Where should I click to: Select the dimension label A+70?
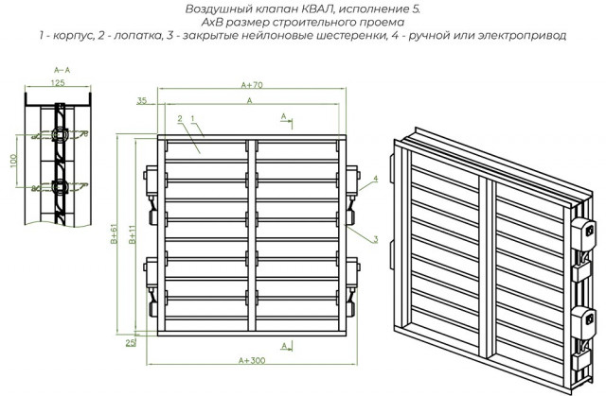click(x=252, y=85)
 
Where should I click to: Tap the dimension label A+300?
click(x=252, y=360)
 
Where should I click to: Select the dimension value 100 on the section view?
click(x=13, y=163)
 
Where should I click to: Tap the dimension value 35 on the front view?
click(x=141, y=99)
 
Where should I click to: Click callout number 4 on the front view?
click(x=375, y=179)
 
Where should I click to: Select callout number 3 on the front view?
click(x=375, y=239)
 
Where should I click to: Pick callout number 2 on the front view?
click(x=178, y=119)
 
